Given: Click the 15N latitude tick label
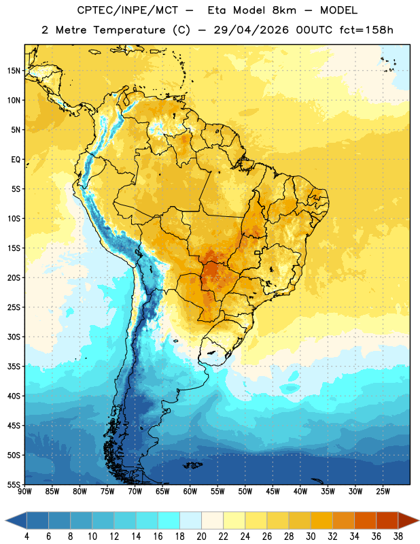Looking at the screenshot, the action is [14, 71].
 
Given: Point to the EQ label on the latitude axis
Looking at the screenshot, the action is [16, 160].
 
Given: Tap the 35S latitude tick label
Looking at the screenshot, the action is [14, 367].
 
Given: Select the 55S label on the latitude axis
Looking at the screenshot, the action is [14, 484].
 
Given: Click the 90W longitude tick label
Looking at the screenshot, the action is [25, 492].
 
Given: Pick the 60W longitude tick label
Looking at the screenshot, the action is [190, 492].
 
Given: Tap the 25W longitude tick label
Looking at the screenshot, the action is [383, 492].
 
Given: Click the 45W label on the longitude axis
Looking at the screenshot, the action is [273, 492].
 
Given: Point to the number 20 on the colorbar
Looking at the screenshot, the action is [201, 537].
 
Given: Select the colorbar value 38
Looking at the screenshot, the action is [398, 537].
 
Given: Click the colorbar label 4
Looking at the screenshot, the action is [27, 537].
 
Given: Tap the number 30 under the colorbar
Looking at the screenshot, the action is [311, 537].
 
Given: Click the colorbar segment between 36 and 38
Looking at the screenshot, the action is [387, 520].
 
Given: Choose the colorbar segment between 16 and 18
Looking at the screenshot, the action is [169, 520].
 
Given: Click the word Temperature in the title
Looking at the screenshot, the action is [129, 30].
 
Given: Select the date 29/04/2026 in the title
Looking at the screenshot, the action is [251, 30].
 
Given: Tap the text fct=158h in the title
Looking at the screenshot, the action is [366, 30].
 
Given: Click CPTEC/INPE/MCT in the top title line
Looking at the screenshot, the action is [128, 10].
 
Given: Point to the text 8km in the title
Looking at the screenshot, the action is [284, 10].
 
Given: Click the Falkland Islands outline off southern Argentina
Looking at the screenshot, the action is [193, 465].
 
